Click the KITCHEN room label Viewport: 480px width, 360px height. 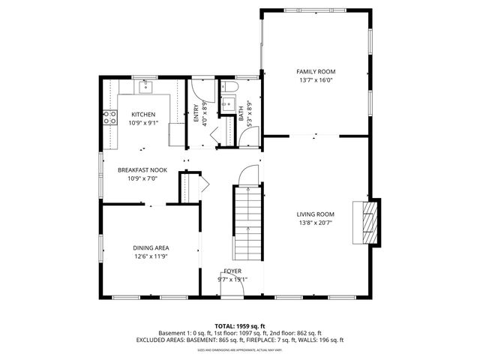click(x=142, y=114)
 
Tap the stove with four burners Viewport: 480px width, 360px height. click(x=109, y=117)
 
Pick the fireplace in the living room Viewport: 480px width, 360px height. click(x=367, y=222)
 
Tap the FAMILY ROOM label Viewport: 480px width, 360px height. click(x=316, y=71)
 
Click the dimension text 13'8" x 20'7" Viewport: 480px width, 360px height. click(x=316, y=223)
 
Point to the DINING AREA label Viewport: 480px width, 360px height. click(x=151, y=248)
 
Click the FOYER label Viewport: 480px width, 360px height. click(x=232, y=271)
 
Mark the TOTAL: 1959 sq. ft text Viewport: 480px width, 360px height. click(x=239, y=326)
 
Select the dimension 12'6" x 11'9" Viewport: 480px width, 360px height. click(x=151, y=256)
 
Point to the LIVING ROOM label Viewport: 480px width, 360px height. click(x=316, y=214)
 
